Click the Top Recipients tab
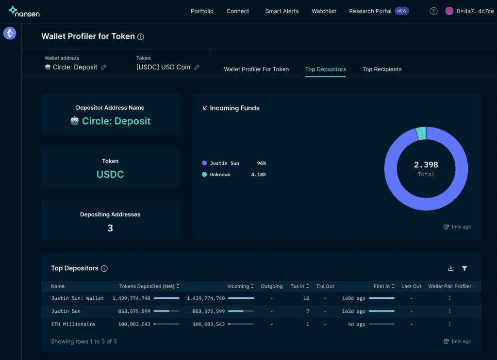[x=382, y=69]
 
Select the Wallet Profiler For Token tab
[x=256, y=69]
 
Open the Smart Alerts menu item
[x=282, y=11]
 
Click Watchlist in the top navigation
[x=324, y=11]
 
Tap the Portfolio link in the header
[x=202, y=11]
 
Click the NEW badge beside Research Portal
[x=401, y=11]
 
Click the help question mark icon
[x=433, y=12]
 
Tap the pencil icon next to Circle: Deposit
[x=104, y=67]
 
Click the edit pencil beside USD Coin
[x=197, y=67]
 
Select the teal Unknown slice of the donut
[x=421, y=133]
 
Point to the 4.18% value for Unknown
[x=258, y=175]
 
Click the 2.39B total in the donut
[x=426, y=165]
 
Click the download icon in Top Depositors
[x=451, y=268]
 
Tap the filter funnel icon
[x=464, y=268]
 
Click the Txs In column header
[x=299, y=286]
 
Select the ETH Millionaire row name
[x=73, y=324]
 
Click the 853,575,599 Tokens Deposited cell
[x=134, y=311]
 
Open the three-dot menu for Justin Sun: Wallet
[x=449, y=298]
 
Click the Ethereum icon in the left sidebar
[x=10, y=33]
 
